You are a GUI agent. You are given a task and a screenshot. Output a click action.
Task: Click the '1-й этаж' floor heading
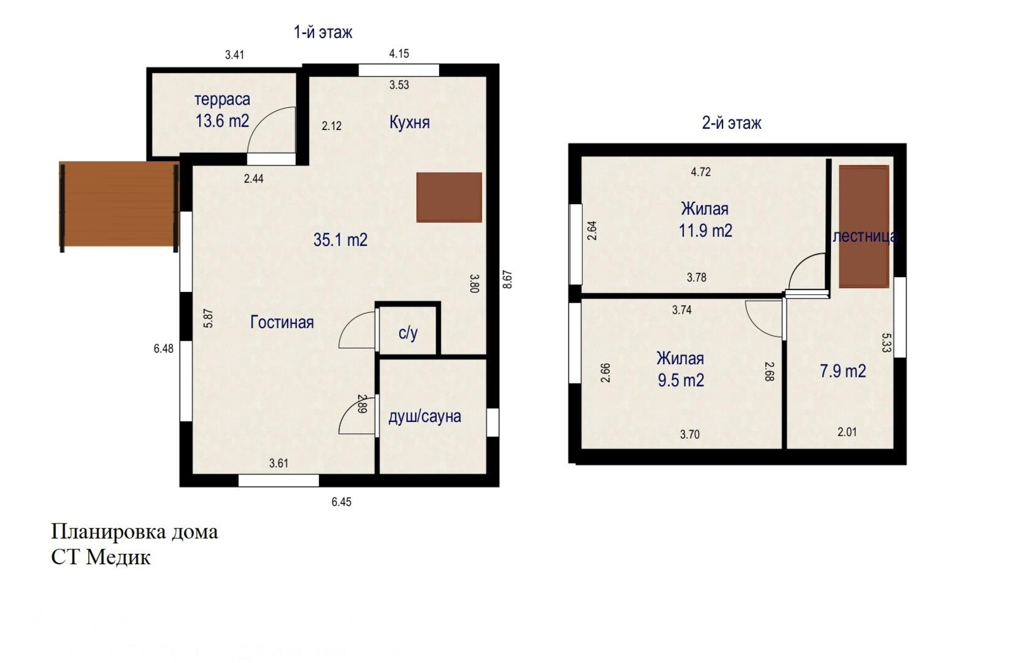click(x=322, y=32)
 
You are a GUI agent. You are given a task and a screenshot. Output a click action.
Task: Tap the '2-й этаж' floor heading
click(x=731, y=123)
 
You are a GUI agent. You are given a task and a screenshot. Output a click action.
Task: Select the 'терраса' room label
click(x=222, y=100)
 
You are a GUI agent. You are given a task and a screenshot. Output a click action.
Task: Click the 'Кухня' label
click(x=409, y=122)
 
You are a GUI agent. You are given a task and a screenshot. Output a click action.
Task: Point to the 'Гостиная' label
click(x=282, y=322)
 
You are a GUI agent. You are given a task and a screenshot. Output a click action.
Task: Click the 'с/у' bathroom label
click(x=408, y=333)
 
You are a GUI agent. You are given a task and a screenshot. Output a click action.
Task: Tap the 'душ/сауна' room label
click(x=424, y=417)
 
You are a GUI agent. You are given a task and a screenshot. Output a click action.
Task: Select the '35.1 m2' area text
click(x=340, y=240)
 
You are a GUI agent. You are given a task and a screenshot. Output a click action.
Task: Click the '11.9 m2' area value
click(x=705, y=231)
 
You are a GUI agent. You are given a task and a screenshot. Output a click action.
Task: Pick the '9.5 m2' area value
click(x=680, y=381)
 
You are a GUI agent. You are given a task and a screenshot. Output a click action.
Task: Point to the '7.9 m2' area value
click(x=842, y=371)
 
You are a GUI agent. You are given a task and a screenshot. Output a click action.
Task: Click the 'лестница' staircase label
click(x=865, y=237)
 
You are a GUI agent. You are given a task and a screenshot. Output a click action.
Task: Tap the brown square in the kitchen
click(x=449, y=197)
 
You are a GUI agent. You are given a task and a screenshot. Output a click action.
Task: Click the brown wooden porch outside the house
click(x=118, y=204)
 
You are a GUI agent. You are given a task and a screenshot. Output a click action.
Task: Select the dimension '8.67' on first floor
click(x=507, y=280)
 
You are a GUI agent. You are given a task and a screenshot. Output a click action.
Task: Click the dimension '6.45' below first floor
click(x=341, y=502)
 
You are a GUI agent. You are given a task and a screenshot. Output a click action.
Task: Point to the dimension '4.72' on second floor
click(x=700, y=172)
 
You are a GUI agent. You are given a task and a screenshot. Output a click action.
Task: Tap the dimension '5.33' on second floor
click(x=886, y=343)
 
